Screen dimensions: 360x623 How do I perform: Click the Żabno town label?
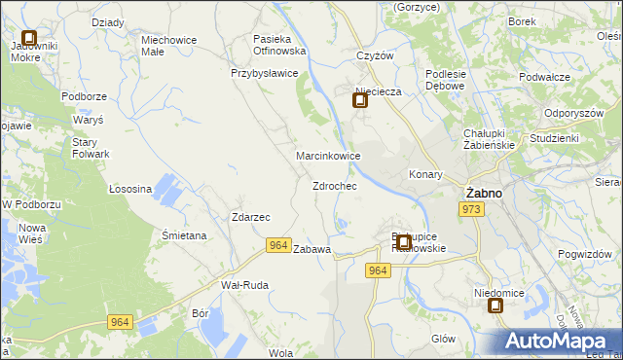pos(484,193)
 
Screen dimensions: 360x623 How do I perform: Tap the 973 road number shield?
pos(472,209)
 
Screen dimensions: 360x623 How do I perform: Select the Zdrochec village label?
pos(334,185)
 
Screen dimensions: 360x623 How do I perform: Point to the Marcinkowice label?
pos(329,156)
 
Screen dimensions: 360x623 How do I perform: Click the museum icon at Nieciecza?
pos(360,100)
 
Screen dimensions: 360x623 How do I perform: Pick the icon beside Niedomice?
pos(495,306)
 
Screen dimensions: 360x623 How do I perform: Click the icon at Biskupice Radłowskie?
pos(403,240)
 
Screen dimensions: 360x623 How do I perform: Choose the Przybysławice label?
pos(262,73)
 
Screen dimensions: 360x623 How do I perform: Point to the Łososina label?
pos(129,189)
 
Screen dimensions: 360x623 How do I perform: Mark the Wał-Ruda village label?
pos(244,285)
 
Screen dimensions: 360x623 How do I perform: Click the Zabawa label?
pos(312,249)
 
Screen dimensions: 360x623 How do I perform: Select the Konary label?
pos(425,175)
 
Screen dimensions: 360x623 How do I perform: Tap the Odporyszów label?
pos(575,112)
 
